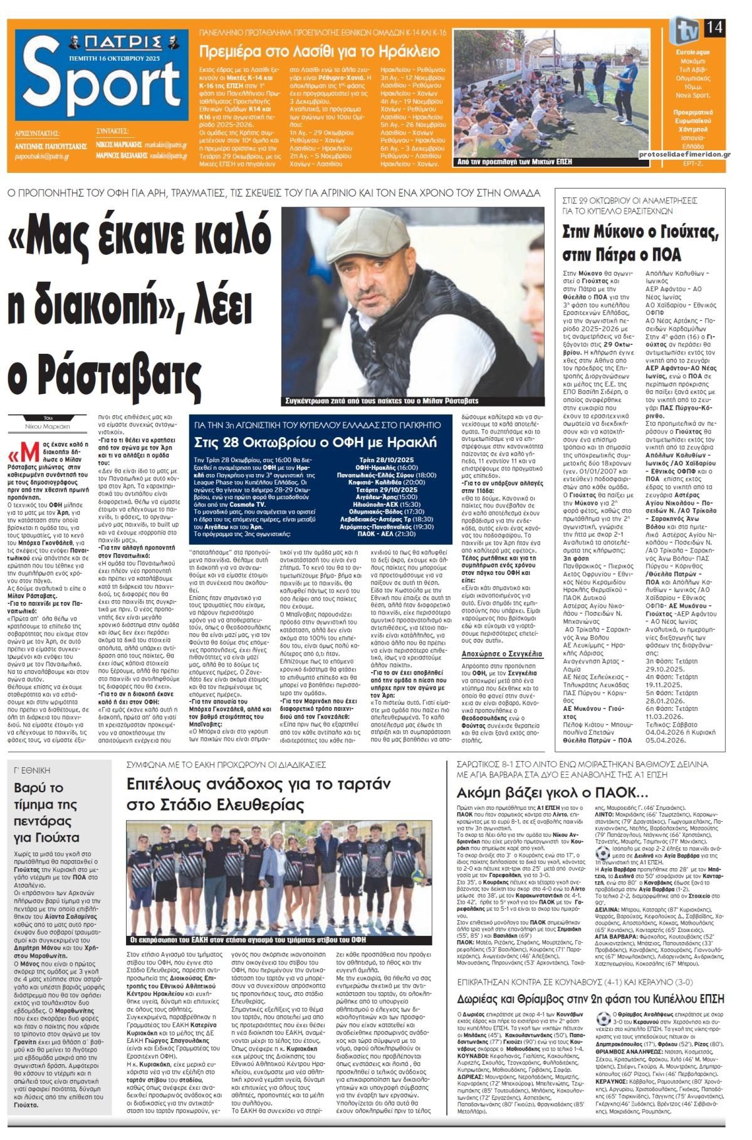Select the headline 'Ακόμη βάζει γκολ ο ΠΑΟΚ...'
(x=535, y=791)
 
